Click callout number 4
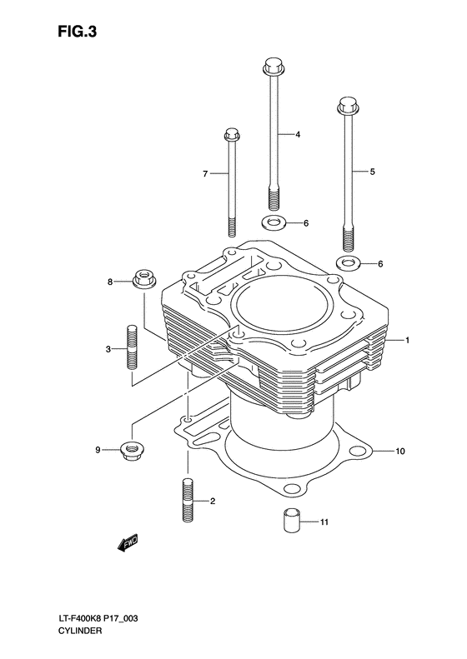(x=296, y=134)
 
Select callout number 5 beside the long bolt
(x=372, y=172)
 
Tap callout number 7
(x=204, y=173)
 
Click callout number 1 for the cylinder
(x=408, y=340)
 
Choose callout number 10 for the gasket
(x=400, y=452)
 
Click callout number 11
(x=325, y=522)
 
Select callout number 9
(x=98, y=450)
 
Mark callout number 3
(x=108, y=349)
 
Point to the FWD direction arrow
(x=127, y=545)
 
